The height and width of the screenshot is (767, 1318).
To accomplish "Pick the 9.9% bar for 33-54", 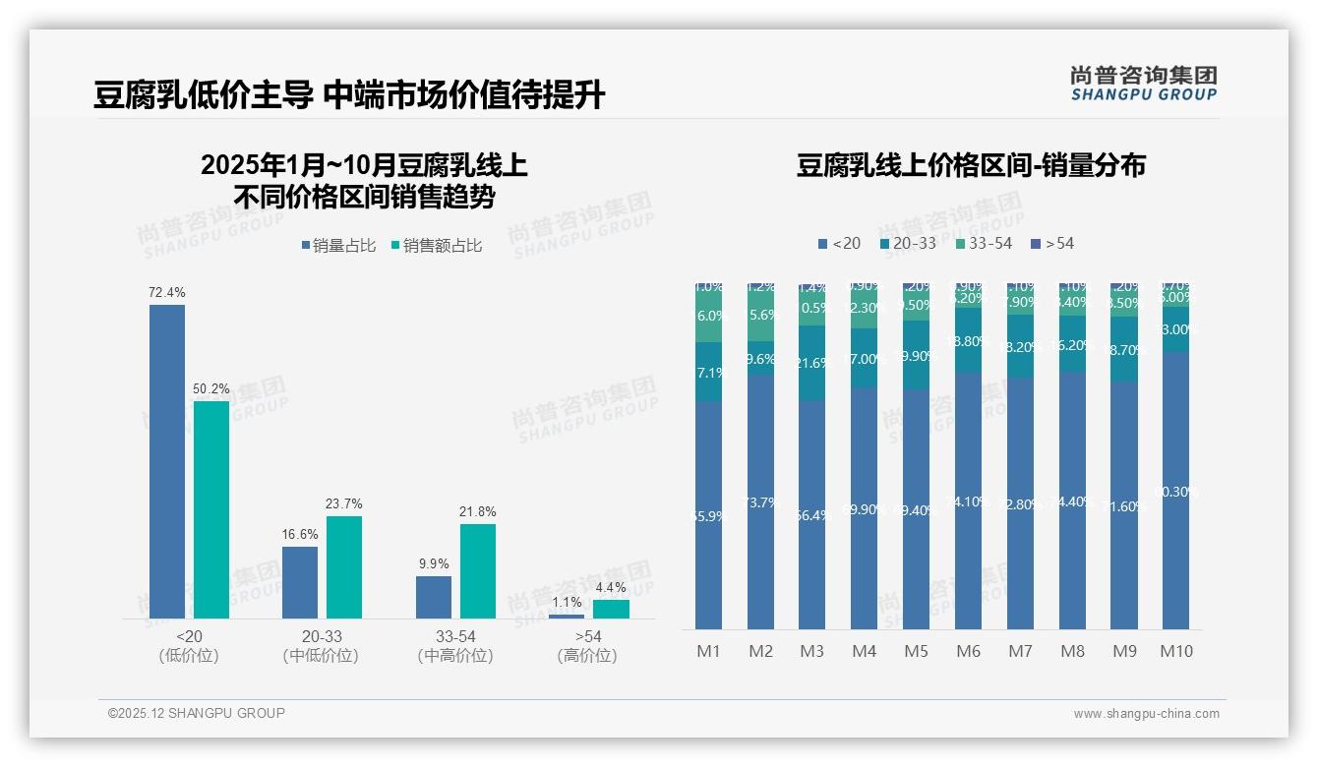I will click(x=434, y=597).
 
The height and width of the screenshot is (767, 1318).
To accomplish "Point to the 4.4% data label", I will click(x=611, y=587).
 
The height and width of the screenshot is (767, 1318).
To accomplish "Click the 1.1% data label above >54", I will click(x=567, y=603).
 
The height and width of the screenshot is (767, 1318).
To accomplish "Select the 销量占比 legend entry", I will click(x=338, y=246).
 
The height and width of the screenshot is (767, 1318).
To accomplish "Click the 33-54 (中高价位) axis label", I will click(x=454, y=646).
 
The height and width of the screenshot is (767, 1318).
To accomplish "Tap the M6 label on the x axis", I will click(x=969, y=651).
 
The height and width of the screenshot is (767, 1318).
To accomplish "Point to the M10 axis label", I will click(x=1176, y=651).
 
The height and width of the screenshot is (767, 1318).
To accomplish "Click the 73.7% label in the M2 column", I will click(x=760, y=502).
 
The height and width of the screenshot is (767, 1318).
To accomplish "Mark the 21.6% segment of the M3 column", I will click(x=812, y=363).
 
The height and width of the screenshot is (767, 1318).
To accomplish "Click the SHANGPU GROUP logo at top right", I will click(x=1143, y=84).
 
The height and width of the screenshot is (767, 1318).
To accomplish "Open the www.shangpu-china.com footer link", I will click(x=1146, y=714).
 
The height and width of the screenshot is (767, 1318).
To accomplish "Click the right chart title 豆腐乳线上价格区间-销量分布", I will click(x=971, y=165).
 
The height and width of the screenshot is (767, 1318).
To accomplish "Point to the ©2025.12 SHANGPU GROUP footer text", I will click(x=197, y=713).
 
